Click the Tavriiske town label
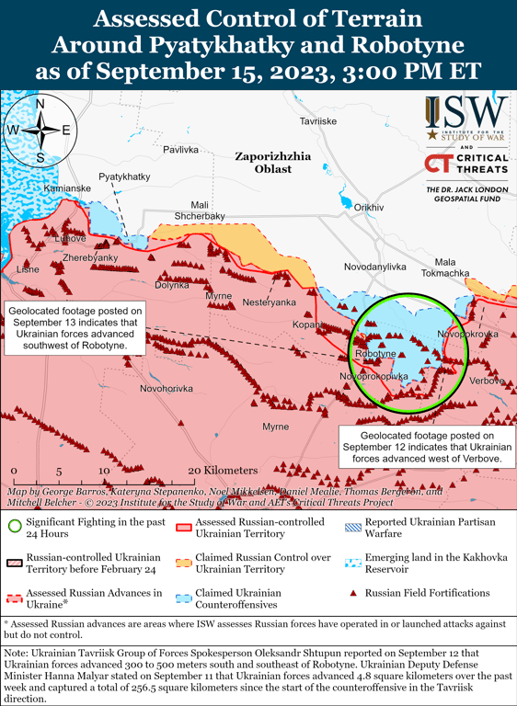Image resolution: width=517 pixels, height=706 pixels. point(318,121)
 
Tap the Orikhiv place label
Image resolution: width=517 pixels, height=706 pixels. point(368,208)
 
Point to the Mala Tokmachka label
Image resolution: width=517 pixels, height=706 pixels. point(445,268)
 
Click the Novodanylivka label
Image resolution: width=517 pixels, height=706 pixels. point(374,267)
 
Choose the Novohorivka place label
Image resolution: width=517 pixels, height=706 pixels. point(166,389)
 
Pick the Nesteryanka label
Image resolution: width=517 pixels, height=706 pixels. point(270,302)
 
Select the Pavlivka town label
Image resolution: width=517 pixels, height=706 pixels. point(180,149)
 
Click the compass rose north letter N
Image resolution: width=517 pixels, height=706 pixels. point(40,104)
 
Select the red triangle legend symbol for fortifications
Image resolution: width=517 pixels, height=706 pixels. point(353,593)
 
